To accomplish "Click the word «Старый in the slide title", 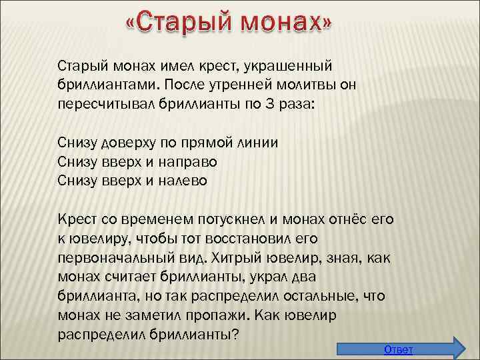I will click(x=177, y=25).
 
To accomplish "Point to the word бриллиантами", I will click(x=106, y=86).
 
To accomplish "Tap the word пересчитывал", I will click(x=103, y=106).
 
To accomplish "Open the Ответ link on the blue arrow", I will click(x=399, y=350).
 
